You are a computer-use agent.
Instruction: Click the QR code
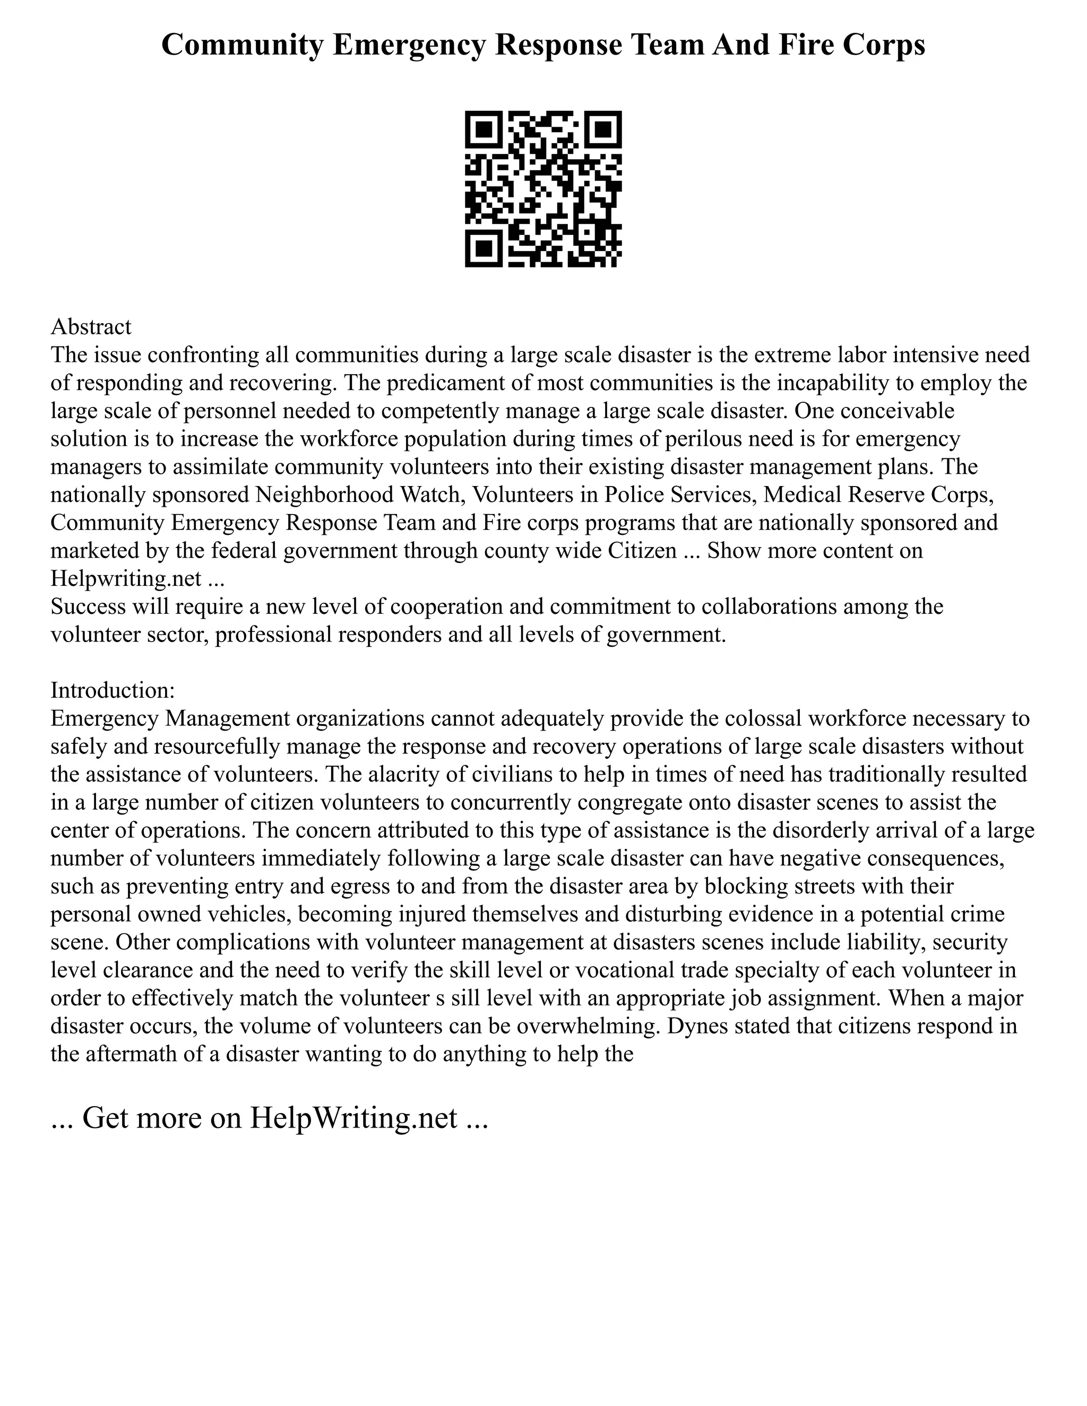pos(543,189)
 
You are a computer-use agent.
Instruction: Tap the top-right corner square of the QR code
pos(603,129)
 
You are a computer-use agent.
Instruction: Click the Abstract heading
pos(91,327)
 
